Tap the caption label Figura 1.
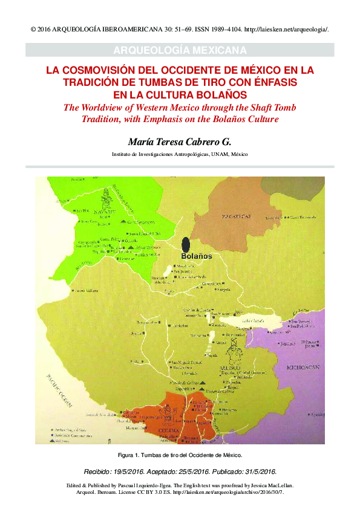pos(129,454)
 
